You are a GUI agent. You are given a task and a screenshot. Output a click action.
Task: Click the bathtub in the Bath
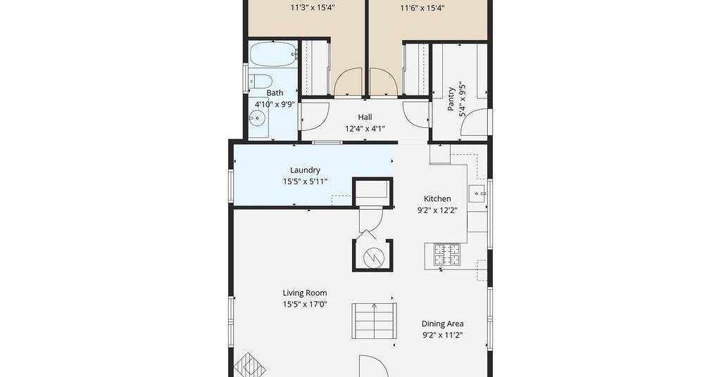[x=273, y=54]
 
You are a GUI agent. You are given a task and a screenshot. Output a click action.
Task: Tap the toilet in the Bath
[x=260, y=82]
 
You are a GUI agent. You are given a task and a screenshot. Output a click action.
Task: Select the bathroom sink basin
[x=258, y=118]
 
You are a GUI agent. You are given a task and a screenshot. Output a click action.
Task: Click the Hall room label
[x=365, y=117]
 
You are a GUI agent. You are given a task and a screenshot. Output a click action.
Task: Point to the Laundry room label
[x=305, y=170]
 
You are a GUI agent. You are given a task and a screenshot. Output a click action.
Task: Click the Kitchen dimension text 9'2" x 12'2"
[x=437, y=210]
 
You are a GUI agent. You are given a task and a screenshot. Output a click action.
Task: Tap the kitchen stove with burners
[x=447, y=255]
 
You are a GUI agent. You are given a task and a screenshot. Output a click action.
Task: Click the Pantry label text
[x=451, y=98]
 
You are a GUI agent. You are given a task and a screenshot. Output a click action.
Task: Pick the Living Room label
[x=305, y=293]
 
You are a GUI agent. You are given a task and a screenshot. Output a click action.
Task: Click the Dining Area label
[x=442, y=324]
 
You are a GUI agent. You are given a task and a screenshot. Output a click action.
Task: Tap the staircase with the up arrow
[x=374, y=321]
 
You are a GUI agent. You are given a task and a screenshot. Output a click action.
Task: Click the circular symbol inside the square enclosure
[x=373, y=257]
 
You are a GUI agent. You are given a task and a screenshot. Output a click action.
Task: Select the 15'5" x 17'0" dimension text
[x=305, y=304]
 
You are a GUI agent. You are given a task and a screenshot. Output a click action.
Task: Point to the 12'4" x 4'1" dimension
[x=365, y=129]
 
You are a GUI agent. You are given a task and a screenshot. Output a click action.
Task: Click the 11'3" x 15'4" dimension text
[x=313, y=8]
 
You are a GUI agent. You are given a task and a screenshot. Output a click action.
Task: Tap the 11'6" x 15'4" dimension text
[x=422, y=8]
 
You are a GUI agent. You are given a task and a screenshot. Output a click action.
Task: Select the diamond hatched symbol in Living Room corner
[x=250, y=364]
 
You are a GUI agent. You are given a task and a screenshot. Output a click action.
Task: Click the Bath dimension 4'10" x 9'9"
[x=275, y=104]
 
